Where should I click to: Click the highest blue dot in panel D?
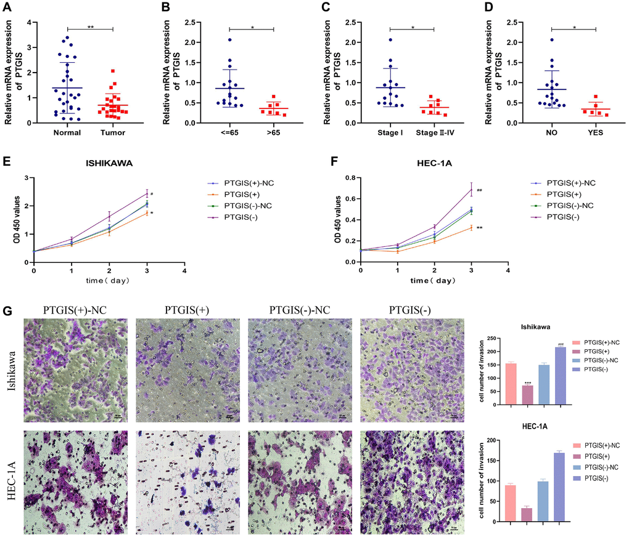pyautogui.click(x=551, y=40)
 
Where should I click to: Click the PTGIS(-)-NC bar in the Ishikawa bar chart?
pyautogui.click(x=543, y=384)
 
